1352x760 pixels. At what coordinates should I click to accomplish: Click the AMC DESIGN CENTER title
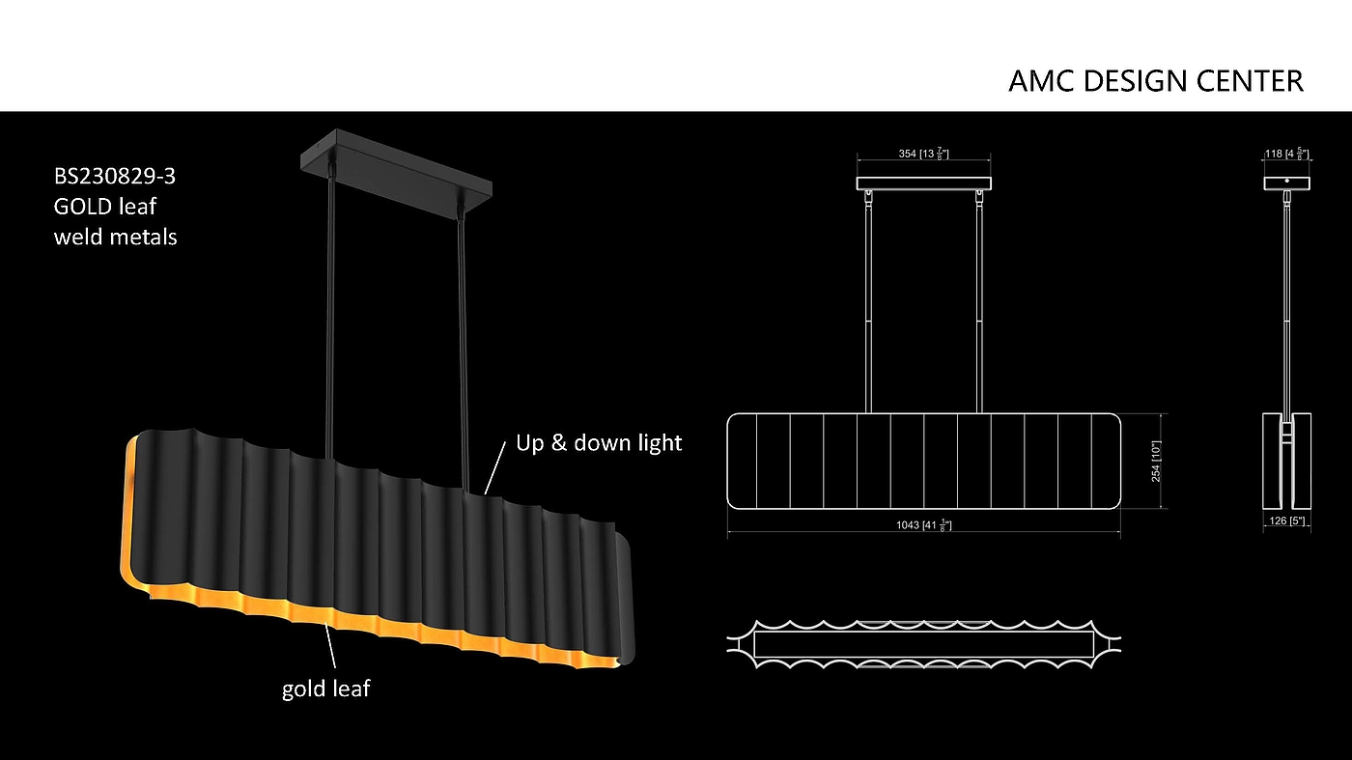tap(1155, 81)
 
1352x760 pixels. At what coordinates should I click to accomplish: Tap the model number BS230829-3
tap(115, 177)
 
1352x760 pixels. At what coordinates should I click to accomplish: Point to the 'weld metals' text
tap(115, 236)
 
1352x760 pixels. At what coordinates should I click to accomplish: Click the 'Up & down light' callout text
tap(599, 443)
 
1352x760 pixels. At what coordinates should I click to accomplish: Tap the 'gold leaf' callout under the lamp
tap(325, 689)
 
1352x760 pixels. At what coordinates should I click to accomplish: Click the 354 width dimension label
tap(923, 155)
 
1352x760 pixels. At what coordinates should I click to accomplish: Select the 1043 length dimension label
tap(923, 524)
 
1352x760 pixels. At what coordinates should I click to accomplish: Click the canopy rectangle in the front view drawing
tap(924, 183)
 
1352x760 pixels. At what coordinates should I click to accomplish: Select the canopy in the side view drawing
tap(1287, 183)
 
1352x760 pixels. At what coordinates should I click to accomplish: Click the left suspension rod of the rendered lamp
tap(331, 309)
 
